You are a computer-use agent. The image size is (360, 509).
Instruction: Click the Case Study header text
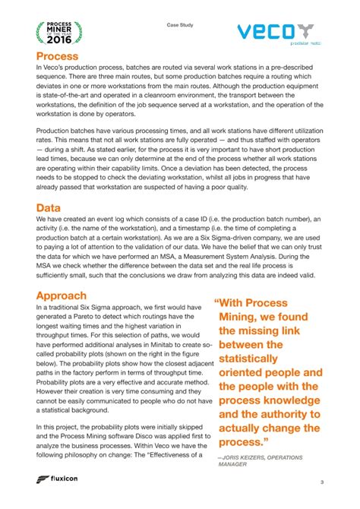click(180, 25)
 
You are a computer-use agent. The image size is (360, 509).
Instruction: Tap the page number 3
click(321, 483)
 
